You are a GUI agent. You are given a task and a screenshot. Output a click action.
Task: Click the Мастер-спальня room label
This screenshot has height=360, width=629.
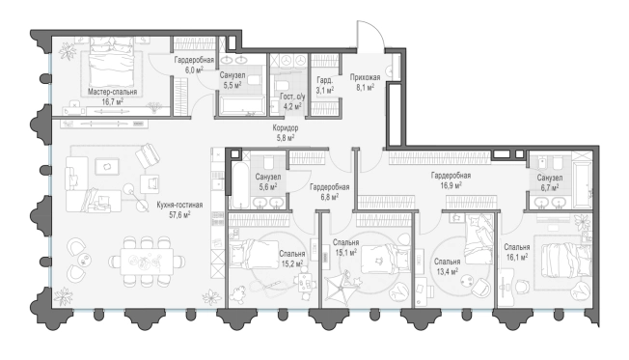112,92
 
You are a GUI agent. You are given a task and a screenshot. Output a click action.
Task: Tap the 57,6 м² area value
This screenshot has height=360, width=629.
179,214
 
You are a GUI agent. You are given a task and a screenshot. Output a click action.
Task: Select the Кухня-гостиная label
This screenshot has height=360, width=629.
179,205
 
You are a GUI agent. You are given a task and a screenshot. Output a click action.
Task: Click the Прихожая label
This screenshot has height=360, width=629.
365,77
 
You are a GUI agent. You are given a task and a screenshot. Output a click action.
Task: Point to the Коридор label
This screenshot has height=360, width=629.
286,128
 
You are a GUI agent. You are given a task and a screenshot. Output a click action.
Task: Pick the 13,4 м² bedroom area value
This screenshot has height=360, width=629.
447,272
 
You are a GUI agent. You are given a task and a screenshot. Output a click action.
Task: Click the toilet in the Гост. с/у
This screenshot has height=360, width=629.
281,86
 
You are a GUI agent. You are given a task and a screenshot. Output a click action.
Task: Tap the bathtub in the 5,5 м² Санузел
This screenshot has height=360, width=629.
240,107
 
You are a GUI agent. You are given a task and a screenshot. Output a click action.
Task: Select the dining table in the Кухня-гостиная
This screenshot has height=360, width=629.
147,262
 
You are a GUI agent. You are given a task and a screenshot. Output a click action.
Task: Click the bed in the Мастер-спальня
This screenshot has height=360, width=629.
111,61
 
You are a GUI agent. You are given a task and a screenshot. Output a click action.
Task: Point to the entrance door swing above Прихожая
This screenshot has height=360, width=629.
370,35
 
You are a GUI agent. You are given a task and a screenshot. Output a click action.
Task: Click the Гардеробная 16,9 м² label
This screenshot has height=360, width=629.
451,180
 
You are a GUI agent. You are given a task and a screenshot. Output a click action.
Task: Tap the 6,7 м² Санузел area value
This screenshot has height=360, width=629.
550,187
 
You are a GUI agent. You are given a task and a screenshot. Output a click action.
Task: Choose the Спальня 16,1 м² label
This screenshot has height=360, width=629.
517,252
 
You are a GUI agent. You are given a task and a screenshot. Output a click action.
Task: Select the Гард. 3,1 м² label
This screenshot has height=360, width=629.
324,85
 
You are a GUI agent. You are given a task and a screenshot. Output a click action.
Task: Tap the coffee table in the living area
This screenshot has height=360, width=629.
107,167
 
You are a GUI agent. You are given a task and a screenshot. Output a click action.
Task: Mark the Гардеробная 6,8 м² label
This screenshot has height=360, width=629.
329,191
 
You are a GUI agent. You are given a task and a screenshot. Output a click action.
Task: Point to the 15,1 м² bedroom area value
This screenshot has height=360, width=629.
345,253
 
